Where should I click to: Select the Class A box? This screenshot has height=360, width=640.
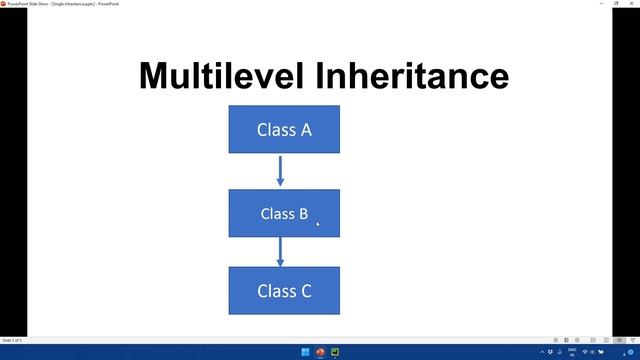coord(284,129)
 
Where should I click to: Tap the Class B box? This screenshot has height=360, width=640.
coord(284,213)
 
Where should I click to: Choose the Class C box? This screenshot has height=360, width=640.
coord(284,291)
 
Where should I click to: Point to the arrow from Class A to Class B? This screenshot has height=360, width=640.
coord(280,170)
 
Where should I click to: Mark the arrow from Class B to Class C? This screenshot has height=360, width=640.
coord(280,251)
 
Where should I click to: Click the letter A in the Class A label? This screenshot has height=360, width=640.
coord(305,129)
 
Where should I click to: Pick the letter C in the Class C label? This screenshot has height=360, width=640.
coord(305,291)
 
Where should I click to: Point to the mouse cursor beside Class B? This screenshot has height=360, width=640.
coord(318,223)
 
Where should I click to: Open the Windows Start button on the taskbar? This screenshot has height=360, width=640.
coord(304,352)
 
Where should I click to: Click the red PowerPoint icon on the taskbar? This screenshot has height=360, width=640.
coord(320,352)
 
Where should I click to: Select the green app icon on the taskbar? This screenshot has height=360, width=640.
coord(336,352)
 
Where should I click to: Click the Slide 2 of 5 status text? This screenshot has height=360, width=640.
coord(13,340)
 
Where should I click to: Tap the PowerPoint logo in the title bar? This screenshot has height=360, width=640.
coord(4,4)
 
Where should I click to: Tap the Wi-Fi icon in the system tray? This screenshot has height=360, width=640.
coord(585,352)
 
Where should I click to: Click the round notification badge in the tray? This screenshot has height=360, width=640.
coord(631,352)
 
